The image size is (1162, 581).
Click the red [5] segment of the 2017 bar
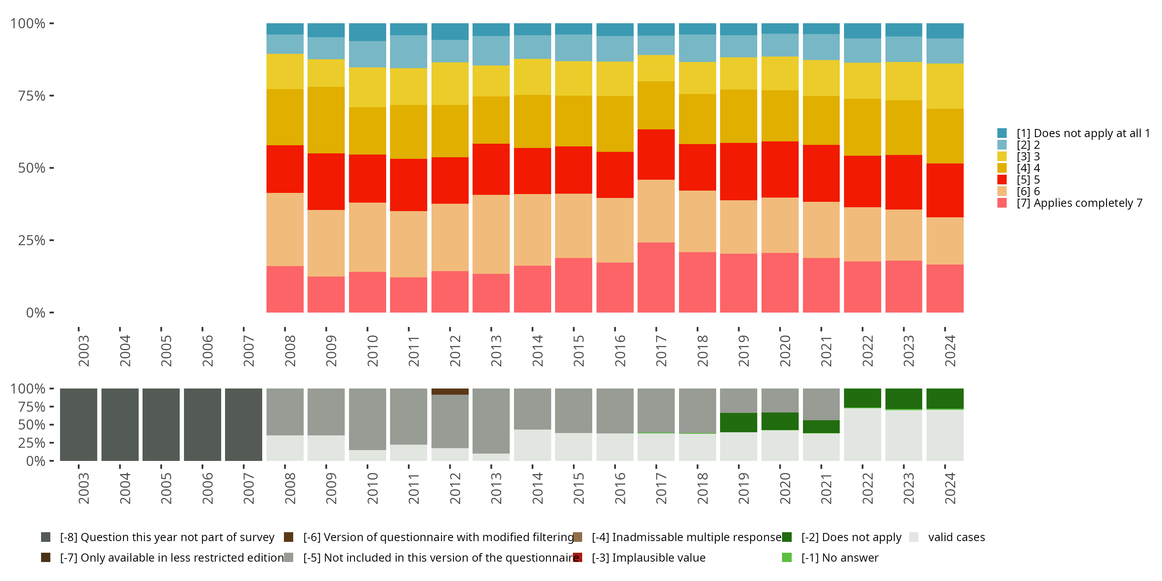click(x=656, y=154)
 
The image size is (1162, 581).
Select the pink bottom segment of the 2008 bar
click(x=285, y=289)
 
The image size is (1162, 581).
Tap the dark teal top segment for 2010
click(x=367, y=32)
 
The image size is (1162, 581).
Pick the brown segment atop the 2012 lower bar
click(x=450, y=392)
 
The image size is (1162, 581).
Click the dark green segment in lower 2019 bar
click(x=738, y=423)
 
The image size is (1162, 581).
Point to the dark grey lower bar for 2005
click(x=161, y=425)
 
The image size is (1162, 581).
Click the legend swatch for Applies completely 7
click(x=1002, y=203)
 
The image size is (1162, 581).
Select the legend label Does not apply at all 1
click(x=1083, y=133)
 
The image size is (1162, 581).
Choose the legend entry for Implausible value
click(x=648, y=557)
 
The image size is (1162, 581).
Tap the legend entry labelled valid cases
click(x=956, y=537)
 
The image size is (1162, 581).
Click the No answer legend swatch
click(x=787, y=557)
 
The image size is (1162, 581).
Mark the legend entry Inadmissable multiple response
click(x=686, y=537)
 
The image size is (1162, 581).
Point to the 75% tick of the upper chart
click(x=32, y=96)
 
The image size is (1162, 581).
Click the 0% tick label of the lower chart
click(x=35, y=461)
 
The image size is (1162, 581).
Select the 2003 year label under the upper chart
click(x=83, y=351)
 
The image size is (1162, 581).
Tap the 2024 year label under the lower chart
click(x=950, y=488)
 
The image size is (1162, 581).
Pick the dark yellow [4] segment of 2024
click(x=945, y=136)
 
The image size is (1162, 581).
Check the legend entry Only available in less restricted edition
click(x=172, y=557)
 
